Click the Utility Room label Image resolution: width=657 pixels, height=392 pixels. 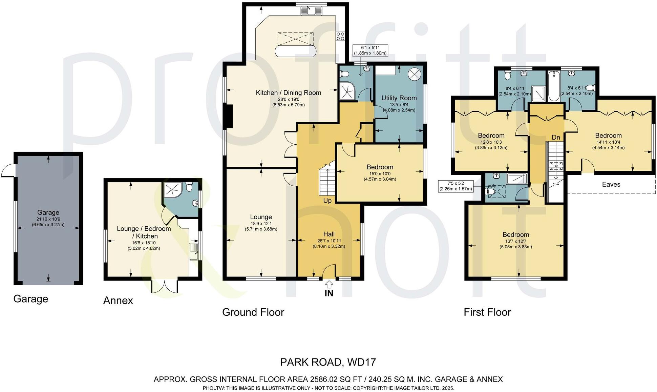click(x=399, y=98)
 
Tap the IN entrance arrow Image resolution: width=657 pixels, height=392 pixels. click(x=329, y=284)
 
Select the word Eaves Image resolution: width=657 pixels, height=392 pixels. click(x=611, y=184)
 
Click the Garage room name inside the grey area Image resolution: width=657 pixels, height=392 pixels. click(x=48, y=212)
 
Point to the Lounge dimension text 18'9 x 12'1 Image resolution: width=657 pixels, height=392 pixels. click(x=261, y=224)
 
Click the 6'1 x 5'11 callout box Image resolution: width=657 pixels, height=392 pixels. click(x=370, y=50)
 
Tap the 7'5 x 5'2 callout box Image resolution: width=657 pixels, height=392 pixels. click(x=455, y=186)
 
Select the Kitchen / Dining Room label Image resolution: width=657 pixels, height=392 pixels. click(x=289, y=92)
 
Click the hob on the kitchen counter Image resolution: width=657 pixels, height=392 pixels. click(x=340, y=36)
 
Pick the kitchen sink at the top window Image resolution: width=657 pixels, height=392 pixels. click(x=312, y=11)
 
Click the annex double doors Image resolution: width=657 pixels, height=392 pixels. click(x=164, y=286)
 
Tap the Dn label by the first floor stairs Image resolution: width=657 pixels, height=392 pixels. click(x=556, y=137)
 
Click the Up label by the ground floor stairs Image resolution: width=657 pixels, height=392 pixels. click(x=327, y=201)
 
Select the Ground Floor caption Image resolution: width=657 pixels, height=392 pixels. click(x=253, y=312)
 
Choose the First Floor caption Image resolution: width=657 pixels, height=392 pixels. click(x=487, y=312)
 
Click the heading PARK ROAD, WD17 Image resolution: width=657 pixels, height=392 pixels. click(x=328, y=362)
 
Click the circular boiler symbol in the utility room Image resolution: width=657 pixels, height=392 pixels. click(x=414, y=74)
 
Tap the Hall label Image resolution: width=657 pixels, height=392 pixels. click(x=329, y=234)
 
